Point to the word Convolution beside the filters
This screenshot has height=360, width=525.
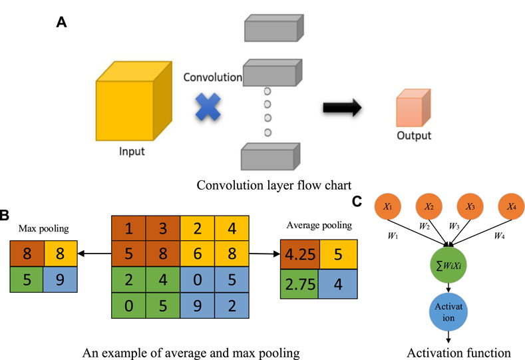[x=213, y=77]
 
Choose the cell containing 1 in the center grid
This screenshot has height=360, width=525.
[x=128, y=228]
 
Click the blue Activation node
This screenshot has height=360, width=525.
[x=451, y=315]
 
